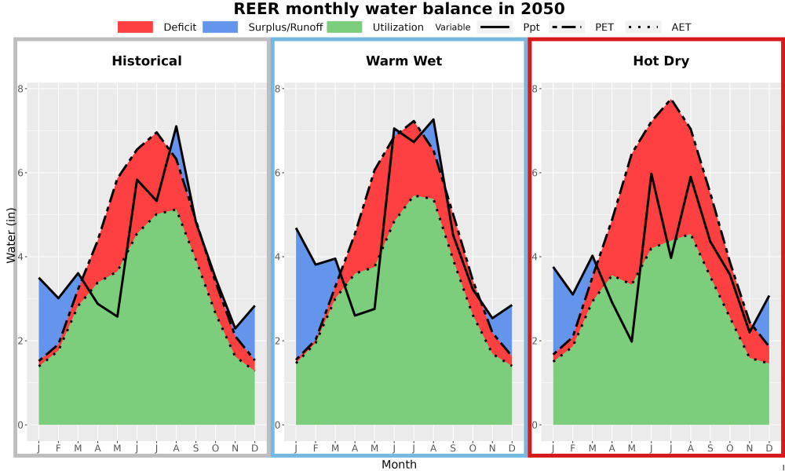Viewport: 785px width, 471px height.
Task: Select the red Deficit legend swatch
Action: [x=135, y=27]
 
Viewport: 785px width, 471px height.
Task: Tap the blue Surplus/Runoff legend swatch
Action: [x=221, y=27]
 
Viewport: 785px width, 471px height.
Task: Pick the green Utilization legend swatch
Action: [x=345, y=27]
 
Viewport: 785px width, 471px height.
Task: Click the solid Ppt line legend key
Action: [x=494, y=27]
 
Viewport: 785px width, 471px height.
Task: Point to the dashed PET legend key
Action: [x=566, y=27]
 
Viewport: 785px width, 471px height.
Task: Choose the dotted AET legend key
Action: [x=642, y=27]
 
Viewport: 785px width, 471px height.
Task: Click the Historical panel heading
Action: [x=147, y=61]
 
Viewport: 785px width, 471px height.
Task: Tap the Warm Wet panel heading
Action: [x=404, y=61]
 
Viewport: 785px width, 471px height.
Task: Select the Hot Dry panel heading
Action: [x=661, y=61]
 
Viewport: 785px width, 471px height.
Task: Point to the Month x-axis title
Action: [x=399, y=465]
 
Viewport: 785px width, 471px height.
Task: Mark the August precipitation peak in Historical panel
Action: [x=176, y=126]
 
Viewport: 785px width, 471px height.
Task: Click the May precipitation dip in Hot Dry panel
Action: [x=632, y=341]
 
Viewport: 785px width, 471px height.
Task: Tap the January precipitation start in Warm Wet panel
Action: [x=296, y=228]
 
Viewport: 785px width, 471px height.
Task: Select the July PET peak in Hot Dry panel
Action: [x=671, y=100]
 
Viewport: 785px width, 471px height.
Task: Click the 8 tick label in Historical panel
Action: [x=21, y=89]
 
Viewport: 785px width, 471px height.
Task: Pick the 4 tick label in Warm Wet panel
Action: [x=279, y=257]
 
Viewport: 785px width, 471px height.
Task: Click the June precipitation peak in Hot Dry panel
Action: [x=652, y=173]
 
